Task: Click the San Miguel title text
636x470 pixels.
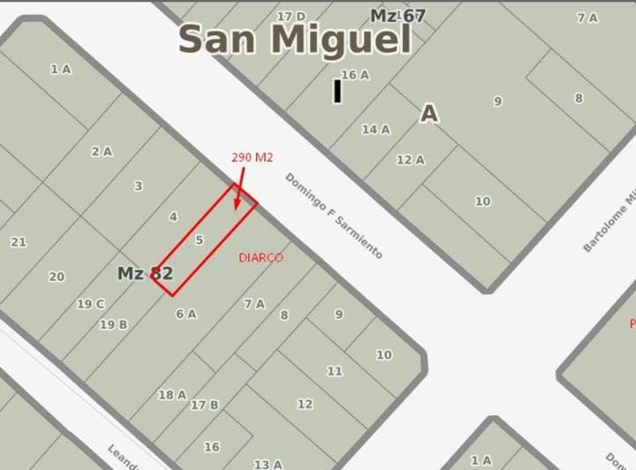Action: coord(295,40)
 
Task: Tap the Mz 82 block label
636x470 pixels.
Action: coord(145,273)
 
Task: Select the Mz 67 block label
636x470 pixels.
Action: coord(397,16)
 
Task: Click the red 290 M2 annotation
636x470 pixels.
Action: coord(253,157)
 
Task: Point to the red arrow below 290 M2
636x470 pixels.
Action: coord(239,188)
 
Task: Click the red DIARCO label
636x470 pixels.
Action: coord(261,258)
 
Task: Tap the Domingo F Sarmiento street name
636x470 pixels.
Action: coord(333,216)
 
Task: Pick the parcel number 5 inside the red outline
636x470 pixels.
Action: coord(200,239)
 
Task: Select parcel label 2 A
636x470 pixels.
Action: coord(102,151)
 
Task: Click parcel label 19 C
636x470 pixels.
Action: coord(90,304)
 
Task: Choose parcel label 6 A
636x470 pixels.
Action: coord(185,313)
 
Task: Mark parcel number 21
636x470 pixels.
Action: coord(19,242)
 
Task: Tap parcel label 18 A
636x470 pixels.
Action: coord(172,395)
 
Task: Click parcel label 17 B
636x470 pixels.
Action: coord(204,405)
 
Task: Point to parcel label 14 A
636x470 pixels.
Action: coord(375,129)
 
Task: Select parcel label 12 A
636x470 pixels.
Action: coord(411,160)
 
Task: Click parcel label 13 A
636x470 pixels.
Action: coord(268,464)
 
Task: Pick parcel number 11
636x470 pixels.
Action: coord(335,371)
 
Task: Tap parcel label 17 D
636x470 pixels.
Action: coord(291,16)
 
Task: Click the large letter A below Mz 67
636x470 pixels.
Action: coord(428,113)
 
